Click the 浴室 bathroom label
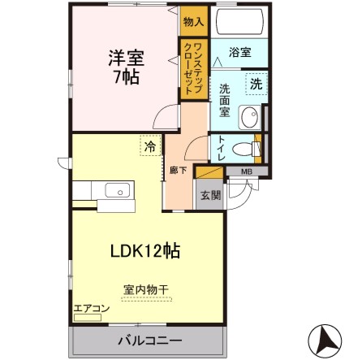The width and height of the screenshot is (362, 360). pos(239,50)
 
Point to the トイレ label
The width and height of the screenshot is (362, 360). pos(222,148)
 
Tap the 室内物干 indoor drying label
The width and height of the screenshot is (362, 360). pos(147,290)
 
